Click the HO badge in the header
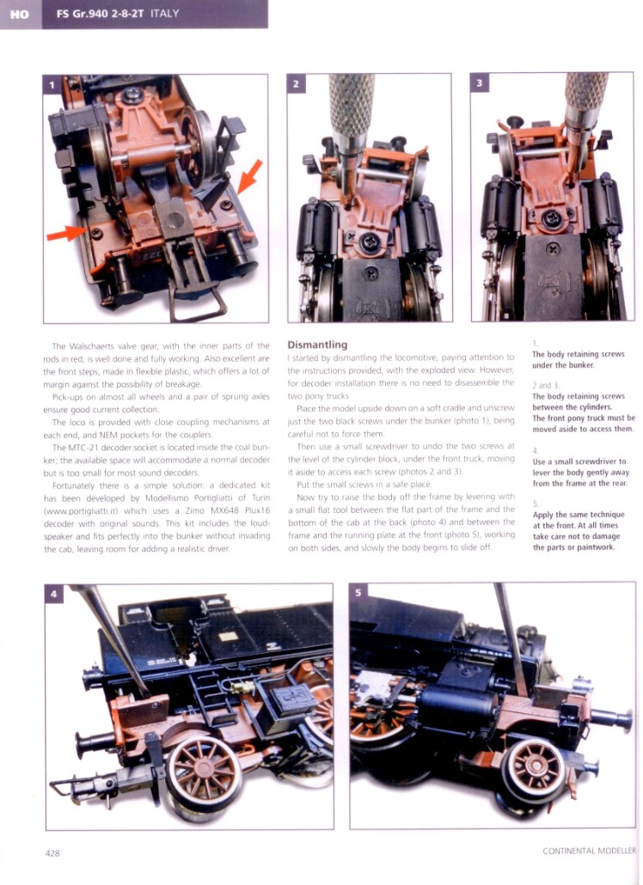pyautogui.click(x=21, y=14)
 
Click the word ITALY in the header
pyautogui.click(x=165, y=13)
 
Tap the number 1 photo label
pyautogui.click(x=52, y=85)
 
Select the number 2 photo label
pyautogui.click(x=296, y=84)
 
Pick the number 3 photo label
pyautogui.click(x=480, y=83)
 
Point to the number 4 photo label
pyautogui.click(x=53, y=594)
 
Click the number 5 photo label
pyautogui.click(x=358, y=592)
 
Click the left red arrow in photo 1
pyautogui.click(x=66, y=233)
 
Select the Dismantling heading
pyautogui.click(x=317, y=345)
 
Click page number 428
pyautogui.click(x=52, y=853)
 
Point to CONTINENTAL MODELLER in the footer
pyautogui.click(x=589, y=851)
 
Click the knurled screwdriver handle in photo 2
pyautogui.click(x=352, y=106)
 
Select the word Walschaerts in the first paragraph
pyautogui.click(x=91, y=346)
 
